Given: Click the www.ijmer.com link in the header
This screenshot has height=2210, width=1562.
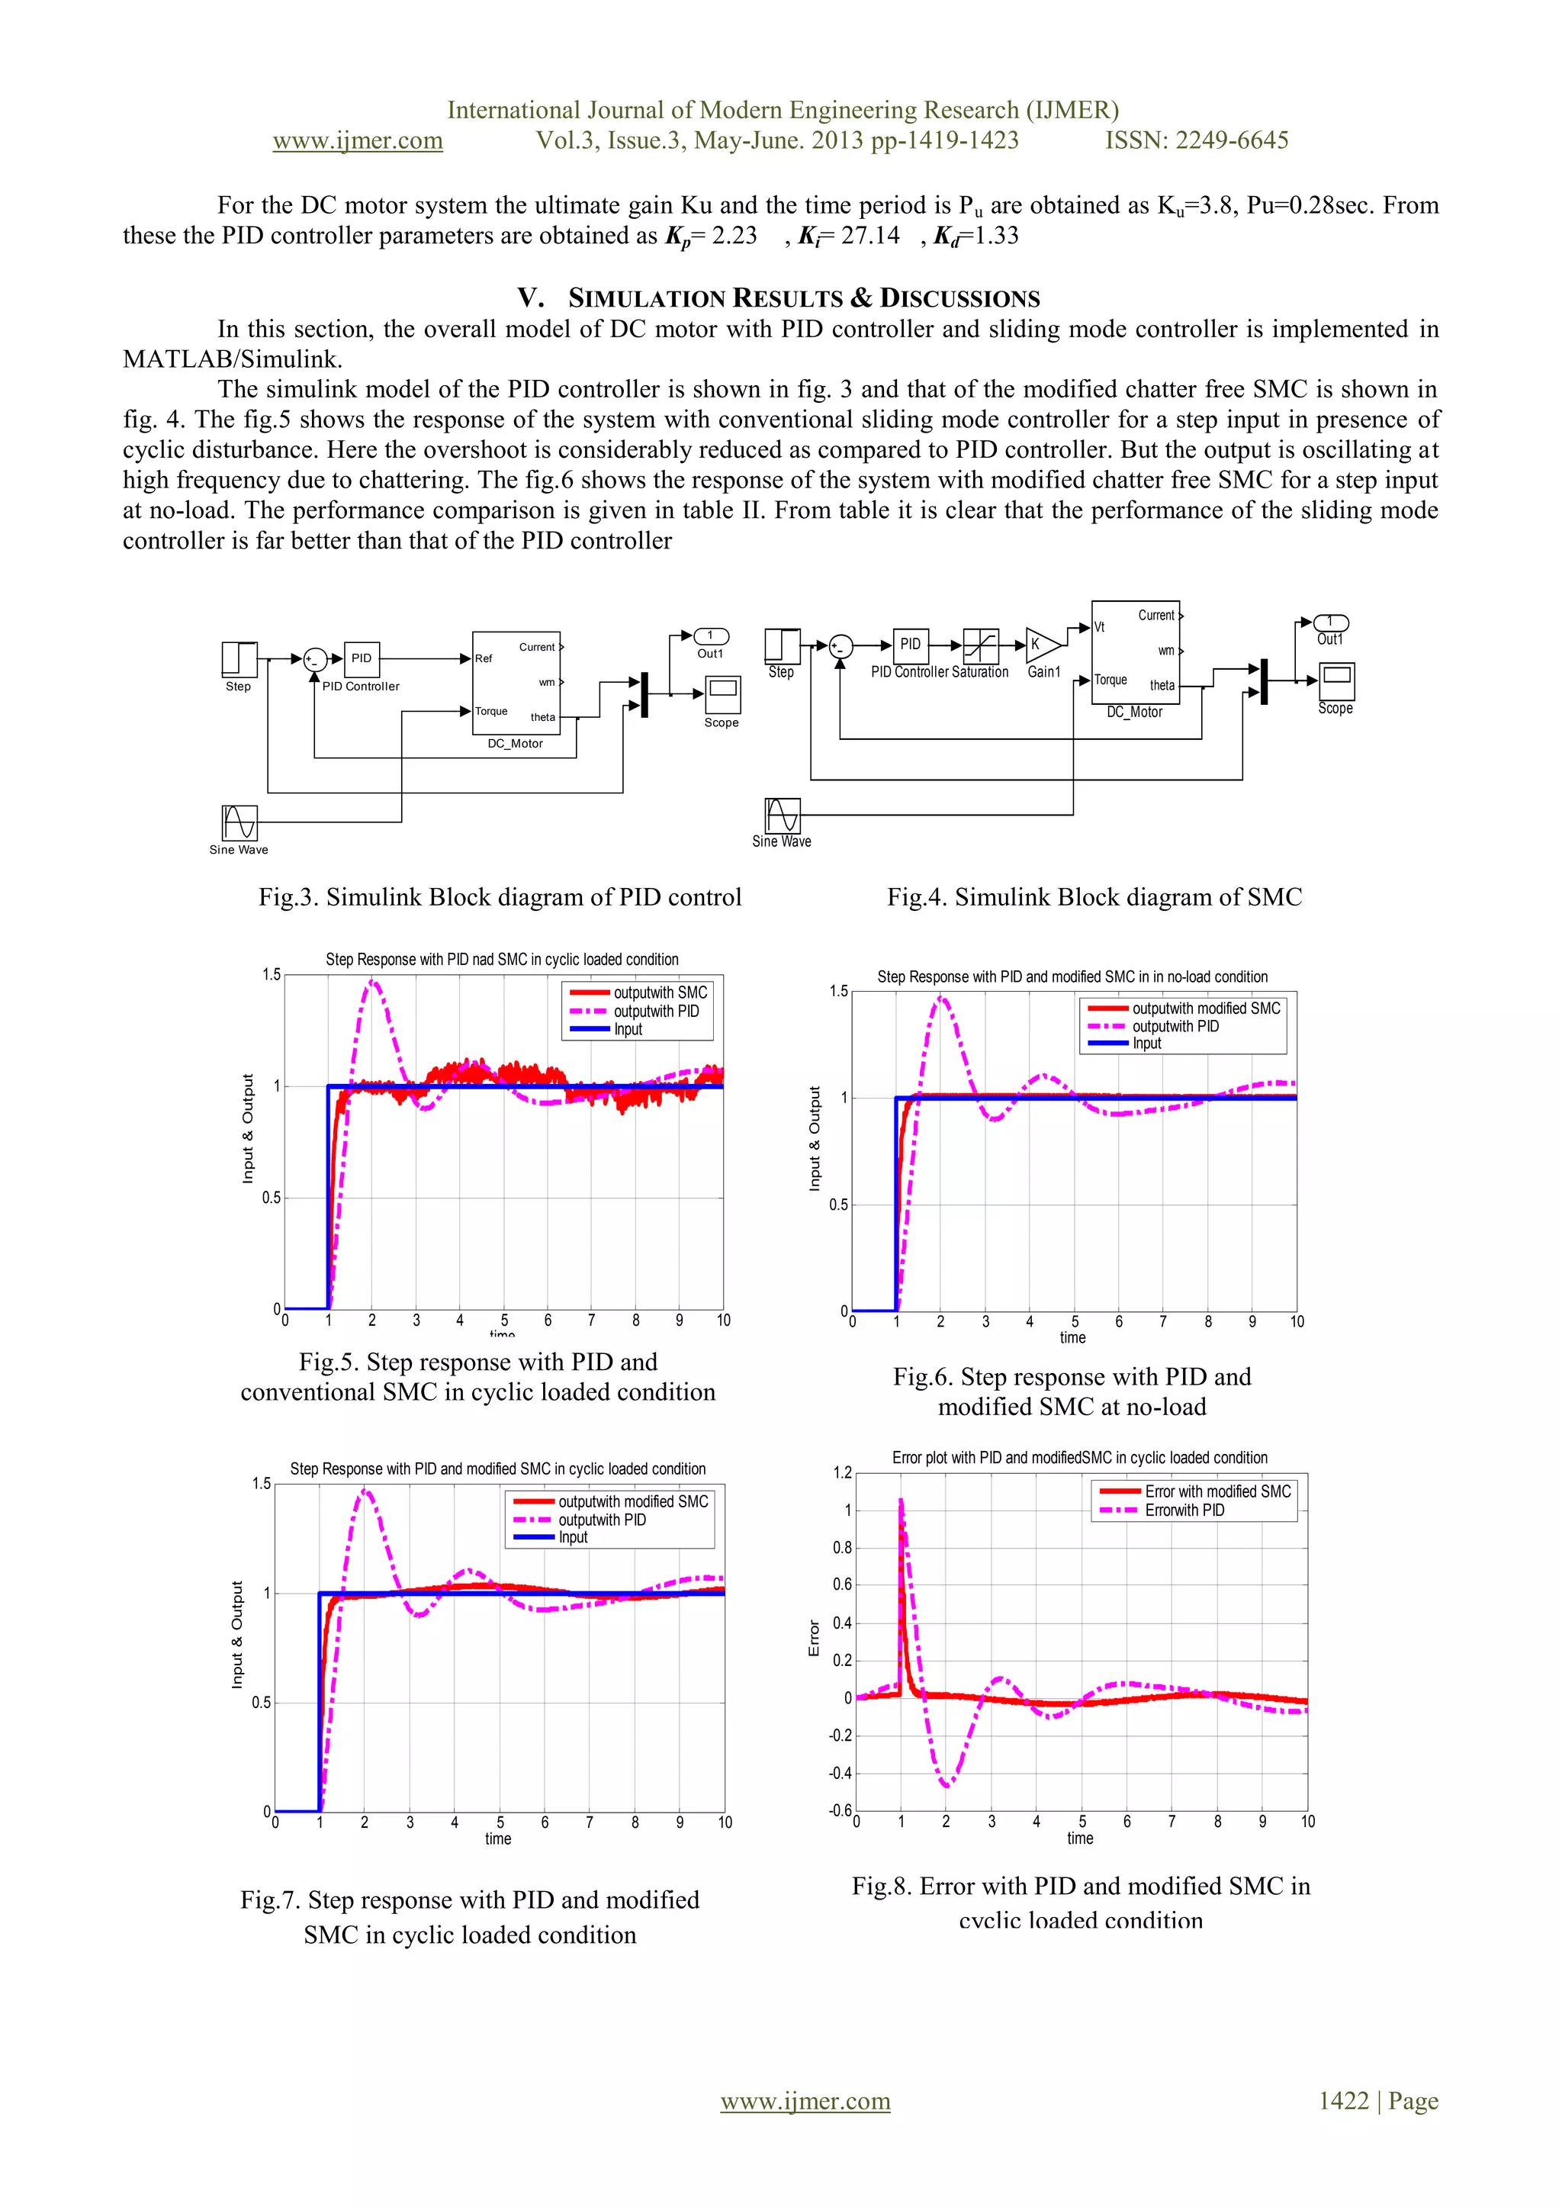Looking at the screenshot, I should point(357,140).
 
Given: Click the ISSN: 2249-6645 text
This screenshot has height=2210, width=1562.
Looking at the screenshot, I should point(1196,140).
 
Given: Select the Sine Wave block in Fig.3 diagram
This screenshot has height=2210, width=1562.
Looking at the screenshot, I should point(239,823).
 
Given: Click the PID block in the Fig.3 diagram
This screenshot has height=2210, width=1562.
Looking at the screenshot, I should point(361,658).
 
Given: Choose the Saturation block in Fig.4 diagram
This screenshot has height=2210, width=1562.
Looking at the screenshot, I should point(981,645).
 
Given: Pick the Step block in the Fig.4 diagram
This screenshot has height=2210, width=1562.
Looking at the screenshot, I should point(783,646).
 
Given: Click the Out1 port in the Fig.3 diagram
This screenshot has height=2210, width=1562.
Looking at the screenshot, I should point(712,635).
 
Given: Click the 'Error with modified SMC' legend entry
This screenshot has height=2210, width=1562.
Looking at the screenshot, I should point(1216,1491).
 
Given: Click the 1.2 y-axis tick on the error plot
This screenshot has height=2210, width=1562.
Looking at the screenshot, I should point(842,1472).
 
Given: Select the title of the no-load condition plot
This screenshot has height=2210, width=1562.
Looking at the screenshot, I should point(1072,976).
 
